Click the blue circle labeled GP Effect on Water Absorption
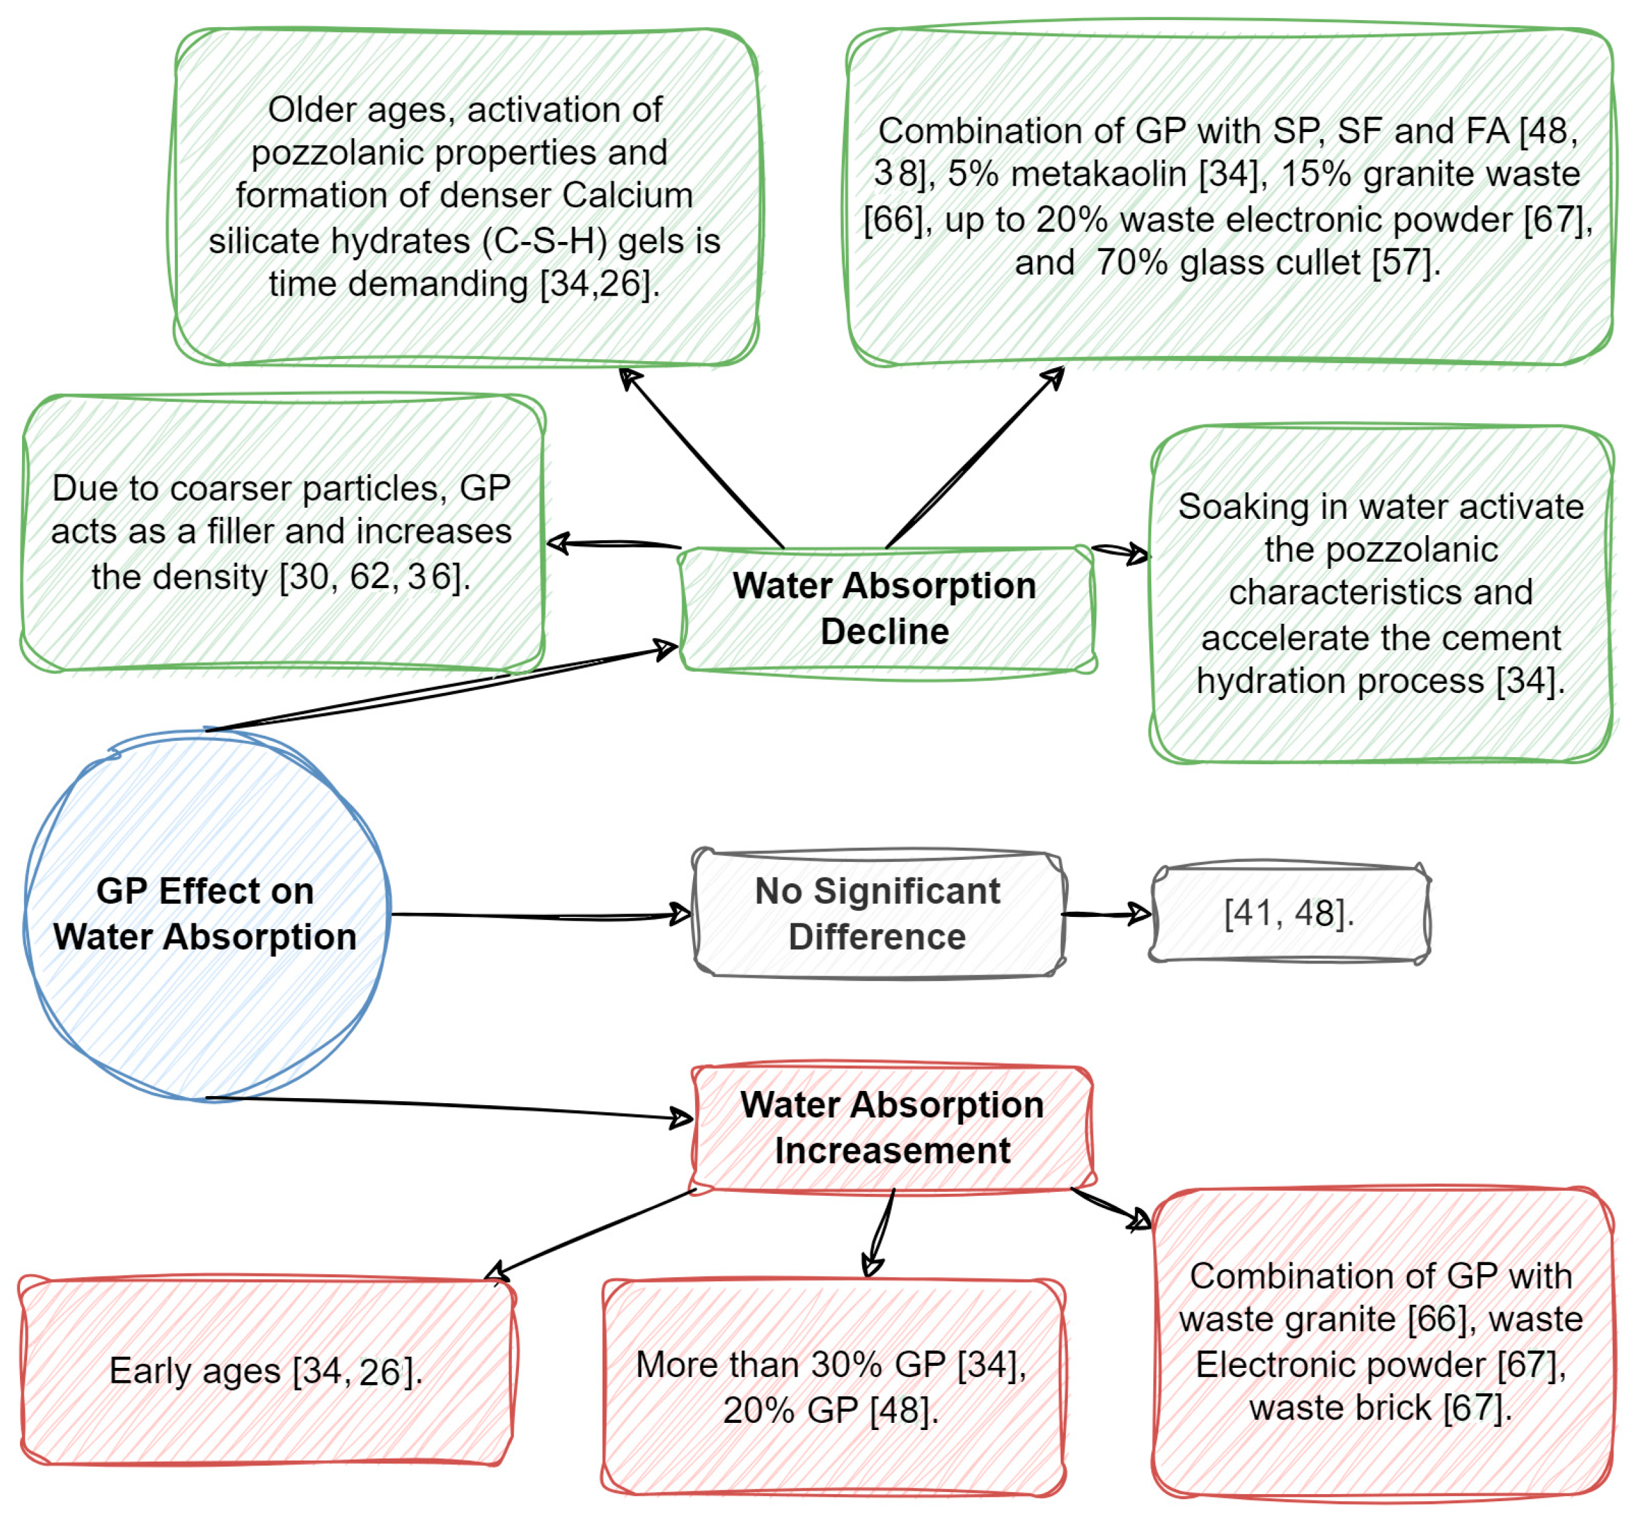[204, 914]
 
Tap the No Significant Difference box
[877, 914]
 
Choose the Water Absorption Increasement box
[892, 1127]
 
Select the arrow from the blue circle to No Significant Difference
[542, 915]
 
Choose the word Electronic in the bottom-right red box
[1258, 1365]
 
